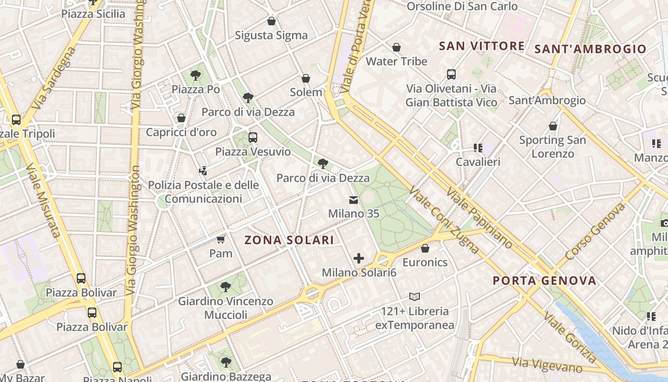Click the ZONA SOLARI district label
pyautogui.click(x=289, y=240)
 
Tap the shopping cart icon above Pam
pyautogui.click(x=220, y=239)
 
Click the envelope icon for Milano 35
pyautogui.click(x=354, y=200)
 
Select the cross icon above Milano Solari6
pyautogui.click(x=359, y=258)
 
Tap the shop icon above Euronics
pyautogui.click(x=425, y=248)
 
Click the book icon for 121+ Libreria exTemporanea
pyautogui.click(x=414, y=297)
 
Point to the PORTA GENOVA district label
pyautogui.click(x=544, y=281)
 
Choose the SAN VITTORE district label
pyautogui.click(x=482, y=46)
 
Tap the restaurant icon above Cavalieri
pyautogui.click(x=478, y=148)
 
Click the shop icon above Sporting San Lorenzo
pyautogui.click(x=553, y=126)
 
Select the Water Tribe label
pyautogui.click(x=397, y=62)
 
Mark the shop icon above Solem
pyautogui.click(x=306, y=78)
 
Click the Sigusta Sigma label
pyautogui.click(x=271, y=35)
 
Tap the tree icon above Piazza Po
pyautogui.click(x=195, y=75)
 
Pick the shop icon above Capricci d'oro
pyautogui.click(x=181, y=118)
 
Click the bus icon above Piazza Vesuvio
pyautogui.click(x=253, y=138)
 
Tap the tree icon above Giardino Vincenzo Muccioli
pyautogui.click(x=226, y=287)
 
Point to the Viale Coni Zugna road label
pyautogui.click(x=444, y=220)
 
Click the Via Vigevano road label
pyautogui.click(x=547, y=364)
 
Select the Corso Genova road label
pyautogui.click(x=595, y=232)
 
